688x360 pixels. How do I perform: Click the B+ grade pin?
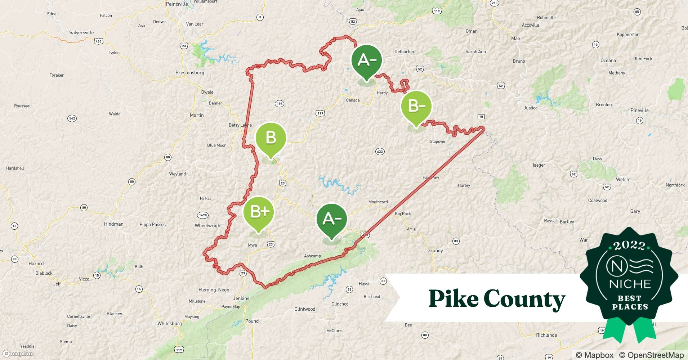(x=259, y=212)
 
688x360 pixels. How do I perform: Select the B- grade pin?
(x=416, y=106)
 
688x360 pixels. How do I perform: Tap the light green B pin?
(x=271, y=138)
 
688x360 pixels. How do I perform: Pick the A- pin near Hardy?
(x=367, y=60)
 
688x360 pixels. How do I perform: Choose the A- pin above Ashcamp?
(x=331, y=219)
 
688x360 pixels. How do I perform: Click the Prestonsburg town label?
(x=190, y=73)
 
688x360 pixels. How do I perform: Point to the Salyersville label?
(x=81, y=33)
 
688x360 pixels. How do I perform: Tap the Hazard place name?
(x=36, y=264)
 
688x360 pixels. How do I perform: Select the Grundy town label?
(x=435, y=251)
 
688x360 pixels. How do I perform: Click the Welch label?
(x=622, y=180)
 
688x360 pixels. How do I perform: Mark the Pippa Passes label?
(x=152, y=225)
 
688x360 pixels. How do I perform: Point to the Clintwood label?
(x=305, y=309)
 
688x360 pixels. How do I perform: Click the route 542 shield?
(x=72, y=118)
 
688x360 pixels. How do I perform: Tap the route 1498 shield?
(x=203, y=215)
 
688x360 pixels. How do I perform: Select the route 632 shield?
(x=380, y=152)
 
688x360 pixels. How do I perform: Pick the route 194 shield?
(x=280, y=104)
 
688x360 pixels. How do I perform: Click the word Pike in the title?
(x=454, y=299)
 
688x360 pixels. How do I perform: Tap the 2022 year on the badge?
(x=629, y=246)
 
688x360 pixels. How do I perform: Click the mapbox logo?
(x=18, y=354)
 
